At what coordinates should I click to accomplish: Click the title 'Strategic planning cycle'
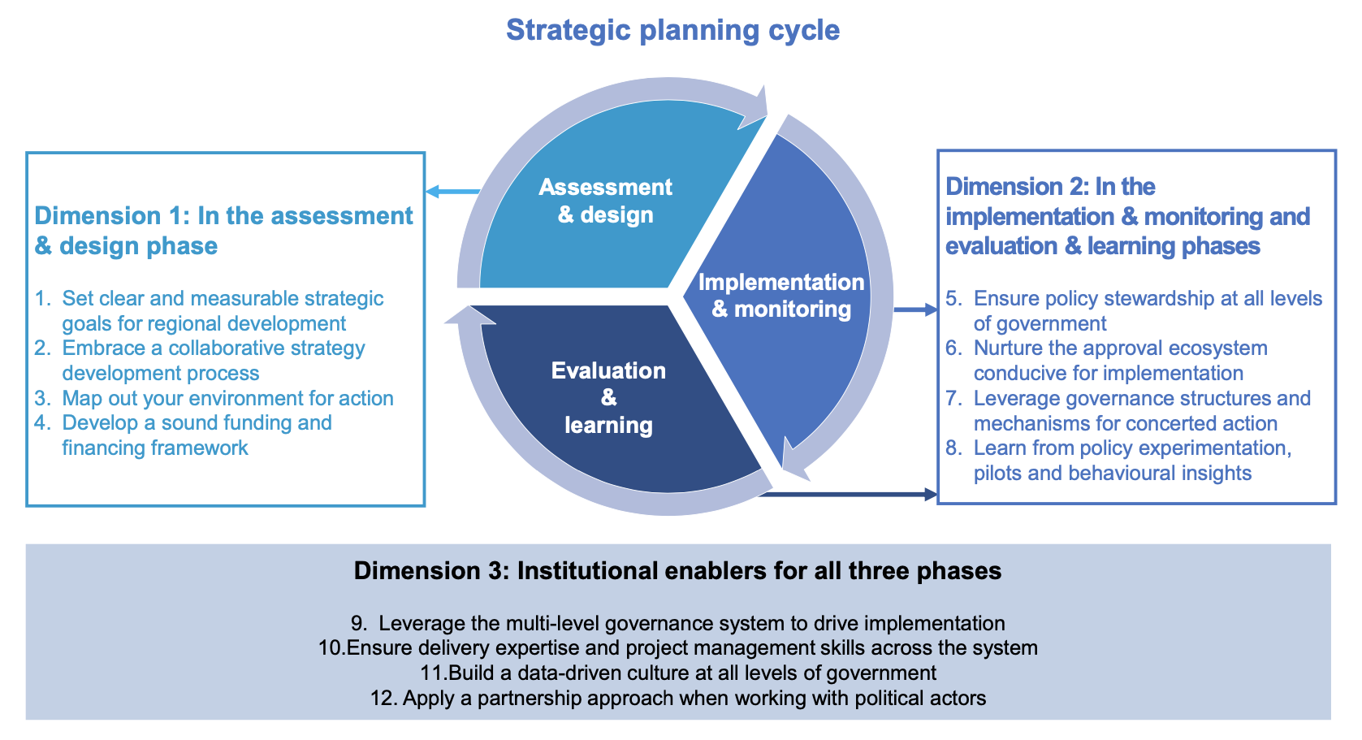(672, 30)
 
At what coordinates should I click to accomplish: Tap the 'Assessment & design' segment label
(606, 201)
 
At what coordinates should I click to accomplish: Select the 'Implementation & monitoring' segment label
(781, 295)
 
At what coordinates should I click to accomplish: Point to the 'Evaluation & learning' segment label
(608, 397)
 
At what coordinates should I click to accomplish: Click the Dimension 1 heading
(223, 231)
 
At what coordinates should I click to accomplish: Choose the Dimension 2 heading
(1127, 216)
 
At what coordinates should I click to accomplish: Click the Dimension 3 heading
(677, 571)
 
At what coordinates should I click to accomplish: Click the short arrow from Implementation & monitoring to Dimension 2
(915, 309)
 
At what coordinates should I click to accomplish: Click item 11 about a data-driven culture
(678, 673)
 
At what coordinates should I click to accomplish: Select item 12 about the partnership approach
(678, 698)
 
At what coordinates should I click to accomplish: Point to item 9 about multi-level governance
(678, 623)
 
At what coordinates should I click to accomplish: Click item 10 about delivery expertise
(678, 647)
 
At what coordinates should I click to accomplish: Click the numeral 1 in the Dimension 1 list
(41, 299)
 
